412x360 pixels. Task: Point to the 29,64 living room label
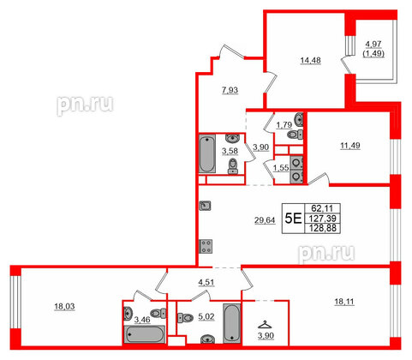(240, 219)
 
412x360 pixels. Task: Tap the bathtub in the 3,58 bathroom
(209, 154)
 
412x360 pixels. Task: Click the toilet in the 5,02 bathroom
(185, 318)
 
